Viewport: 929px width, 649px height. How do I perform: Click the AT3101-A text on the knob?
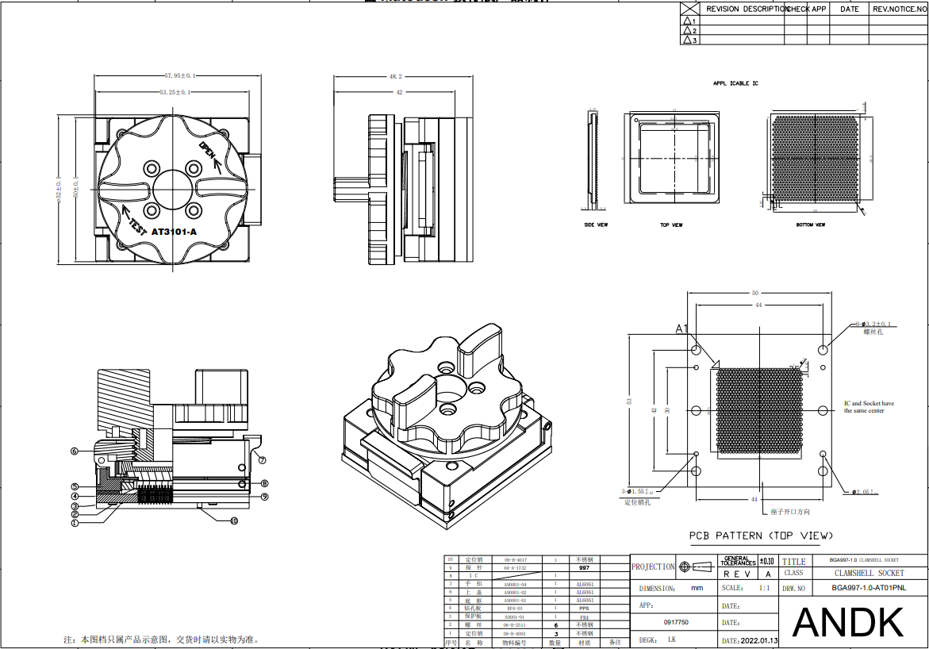click(x=174, y=232)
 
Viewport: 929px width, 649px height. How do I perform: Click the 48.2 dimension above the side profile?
click(x=395, y=77)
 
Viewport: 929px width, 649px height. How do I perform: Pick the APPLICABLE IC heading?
click(x=735, y=83)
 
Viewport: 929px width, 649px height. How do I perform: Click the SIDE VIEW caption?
click(x=596, y=225)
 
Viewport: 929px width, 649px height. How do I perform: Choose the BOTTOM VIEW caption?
click(x=811, y=225)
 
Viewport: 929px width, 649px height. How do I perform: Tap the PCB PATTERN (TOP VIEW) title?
click(x=761, y=536)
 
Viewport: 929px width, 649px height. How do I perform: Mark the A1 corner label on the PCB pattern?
click(x=681, y=328)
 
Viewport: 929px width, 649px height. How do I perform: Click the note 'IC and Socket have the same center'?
click(x=868, y=407)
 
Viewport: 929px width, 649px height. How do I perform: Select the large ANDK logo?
click(x=848, y=622)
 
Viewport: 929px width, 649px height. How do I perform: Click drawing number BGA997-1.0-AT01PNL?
click(x=867, y=589)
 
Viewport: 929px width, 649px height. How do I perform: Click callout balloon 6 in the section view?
click(x=74, y=451)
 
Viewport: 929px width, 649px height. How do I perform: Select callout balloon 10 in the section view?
click(x=234, y=521)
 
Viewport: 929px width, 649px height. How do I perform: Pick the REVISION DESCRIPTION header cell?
click(x=746, y=10)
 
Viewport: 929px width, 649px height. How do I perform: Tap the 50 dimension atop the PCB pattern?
click(x=755, y=293)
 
